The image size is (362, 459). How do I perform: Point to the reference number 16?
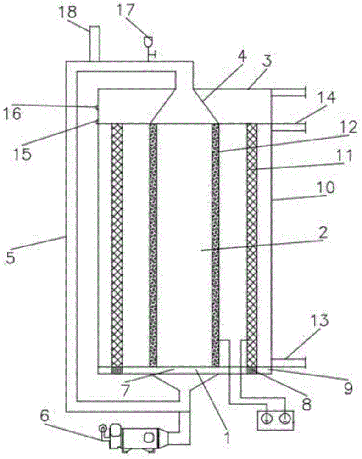(x=13, y=113)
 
